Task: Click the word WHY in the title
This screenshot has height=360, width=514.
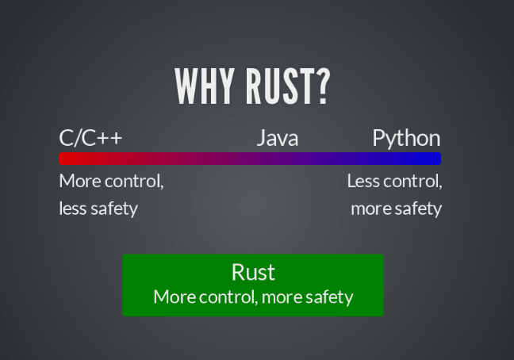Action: coord(204,86)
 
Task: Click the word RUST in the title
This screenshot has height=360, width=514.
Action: coord(280,86)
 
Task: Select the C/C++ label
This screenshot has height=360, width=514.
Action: coord(90,138)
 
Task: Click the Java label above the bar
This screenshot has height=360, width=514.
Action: coord(278,138)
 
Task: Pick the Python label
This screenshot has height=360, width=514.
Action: coord(406,139)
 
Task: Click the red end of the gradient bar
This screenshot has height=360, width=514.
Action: coord(63,159)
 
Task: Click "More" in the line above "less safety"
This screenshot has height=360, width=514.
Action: coord(79,181)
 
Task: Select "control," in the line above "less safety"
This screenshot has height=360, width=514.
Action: coord(134,181)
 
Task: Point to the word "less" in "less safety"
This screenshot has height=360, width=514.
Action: coord(73,209)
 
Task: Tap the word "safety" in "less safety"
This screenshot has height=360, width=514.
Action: coord(114,209)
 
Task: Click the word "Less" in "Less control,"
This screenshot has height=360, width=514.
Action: coord(363,181)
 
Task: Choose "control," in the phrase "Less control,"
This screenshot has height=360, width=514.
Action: coord(412,181)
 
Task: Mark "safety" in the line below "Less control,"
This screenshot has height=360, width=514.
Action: coord(418,209)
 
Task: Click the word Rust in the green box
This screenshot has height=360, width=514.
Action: coord(253,272)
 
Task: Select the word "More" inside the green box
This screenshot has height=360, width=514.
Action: coord(175,297)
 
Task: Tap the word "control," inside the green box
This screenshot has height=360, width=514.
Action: coord(228,297)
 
